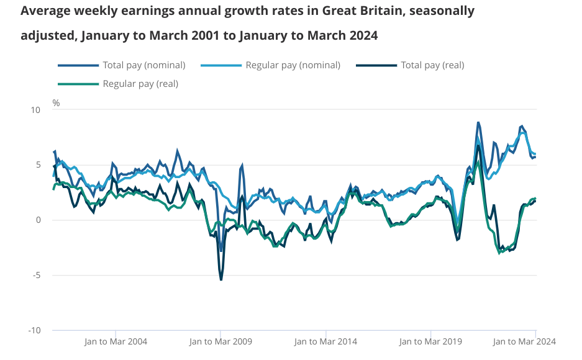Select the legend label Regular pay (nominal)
pos(293,65)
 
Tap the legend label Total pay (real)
pos(432,65)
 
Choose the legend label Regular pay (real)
pos(140,83)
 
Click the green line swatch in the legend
pos(78,84)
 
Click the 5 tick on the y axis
pos(37,165)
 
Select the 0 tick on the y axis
pos(37,220)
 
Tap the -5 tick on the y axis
pos(35,275)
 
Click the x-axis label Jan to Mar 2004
pos(116,341)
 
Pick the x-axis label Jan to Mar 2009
pos(221,341)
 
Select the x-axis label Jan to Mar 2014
pos(325,341)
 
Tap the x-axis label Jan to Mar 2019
pos(430,341)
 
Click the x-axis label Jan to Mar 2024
pos(524,341)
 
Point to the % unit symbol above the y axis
pos(56,103)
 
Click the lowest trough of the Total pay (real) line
pos(221,280)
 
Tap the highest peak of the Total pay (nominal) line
pos(478,122)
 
